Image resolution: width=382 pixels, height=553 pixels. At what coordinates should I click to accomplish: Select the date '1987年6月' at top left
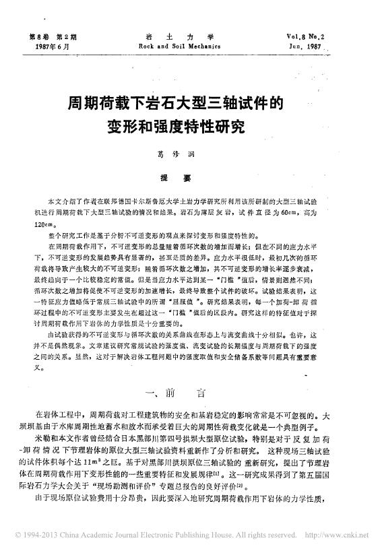coord(50,46)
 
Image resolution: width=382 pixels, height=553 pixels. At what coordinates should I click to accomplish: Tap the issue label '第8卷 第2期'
coord(51,36)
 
